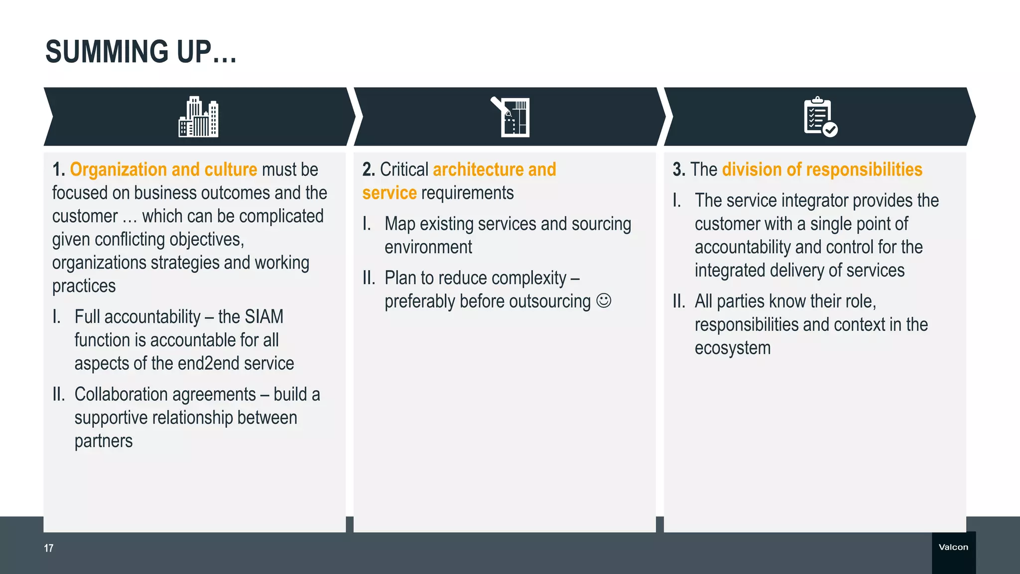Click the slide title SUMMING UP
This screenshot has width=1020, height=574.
[141, 52]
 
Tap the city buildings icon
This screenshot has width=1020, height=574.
[198, 117]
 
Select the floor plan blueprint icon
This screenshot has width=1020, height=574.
[511, 117]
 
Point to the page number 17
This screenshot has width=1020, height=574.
[48, 548]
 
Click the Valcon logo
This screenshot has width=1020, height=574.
[953, 547]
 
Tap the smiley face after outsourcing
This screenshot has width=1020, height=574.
[604, 301]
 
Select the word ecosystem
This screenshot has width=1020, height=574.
[732, 348]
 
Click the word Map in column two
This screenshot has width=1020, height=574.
[400, 224]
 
